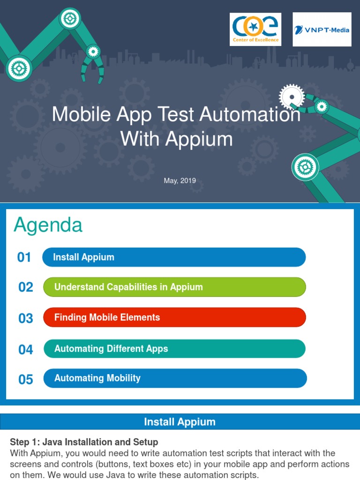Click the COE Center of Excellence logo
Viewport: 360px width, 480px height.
pyautogui.click(x=255, y=29)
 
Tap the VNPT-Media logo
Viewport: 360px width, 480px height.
pyautogui.click(x=322, y=30)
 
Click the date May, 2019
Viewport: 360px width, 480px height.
pyautogui.click(x=180, y=180)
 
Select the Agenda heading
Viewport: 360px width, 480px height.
pyautogui.click(x=48, y=225)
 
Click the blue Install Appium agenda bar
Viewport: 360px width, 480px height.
pyautogui.click(x=174, y=257)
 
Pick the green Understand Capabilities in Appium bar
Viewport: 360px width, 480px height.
pyautogui.click(x=174, y=287)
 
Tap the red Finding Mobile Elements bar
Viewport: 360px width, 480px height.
pyautogui.click(x=174, y=317)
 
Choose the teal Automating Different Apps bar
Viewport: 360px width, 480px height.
pyautogui.click(x=174, y=349)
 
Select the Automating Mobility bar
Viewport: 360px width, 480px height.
pyautogui.click(x=175, y=378)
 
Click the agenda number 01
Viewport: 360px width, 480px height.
pyautogui.click(x=24, y=257)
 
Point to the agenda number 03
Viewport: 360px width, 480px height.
pyautogui.click(x=26, y=319)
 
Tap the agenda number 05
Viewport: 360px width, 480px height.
pyautogui.click(x=26, y=379)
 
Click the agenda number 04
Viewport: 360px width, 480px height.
pyautogui.click(x=26, y=350)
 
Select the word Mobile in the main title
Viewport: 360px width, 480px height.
pyautogui.click(x=80, y=114)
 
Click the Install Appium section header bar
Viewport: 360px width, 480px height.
pyautogui.click(x=180, y=421)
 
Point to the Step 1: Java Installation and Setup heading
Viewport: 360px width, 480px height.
pyautogui.click(x=84, y=442)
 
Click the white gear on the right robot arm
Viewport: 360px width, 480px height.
pyautogui.click(x=292, y=97)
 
